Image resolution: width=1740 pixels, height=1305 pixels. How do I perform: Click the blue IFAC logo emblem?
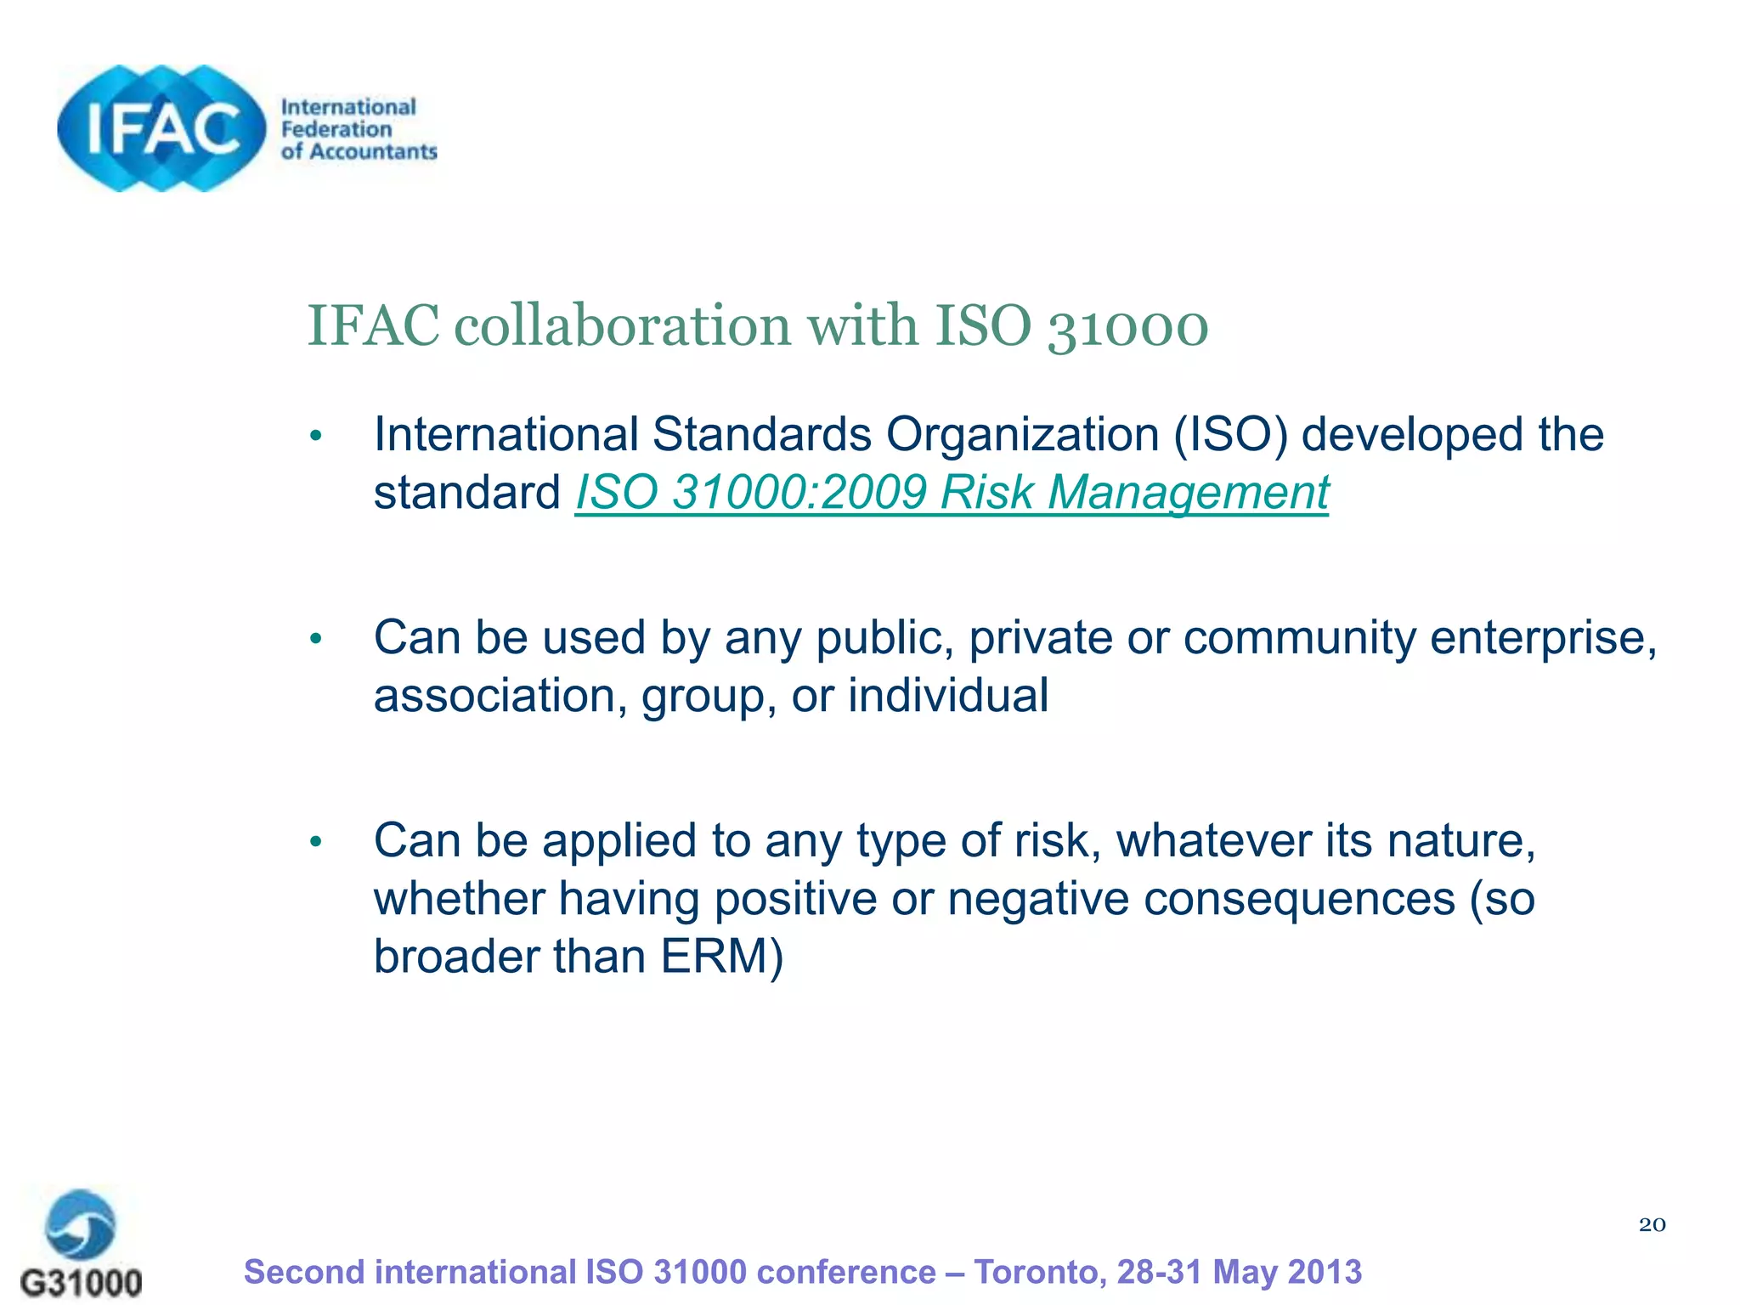point(161,128)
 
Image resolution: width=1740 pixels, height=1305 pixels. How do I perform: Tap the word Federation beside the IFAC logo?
point(336,130)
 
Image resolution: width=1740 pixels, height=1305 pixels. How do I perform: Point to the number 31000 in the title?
point(1127,327)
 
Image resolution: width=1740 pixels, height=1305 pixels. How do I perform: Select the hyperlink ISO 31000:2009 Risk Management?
point(952,493)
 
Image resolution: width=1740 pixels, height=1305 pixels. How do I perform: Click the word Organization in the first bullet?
point(1022,434)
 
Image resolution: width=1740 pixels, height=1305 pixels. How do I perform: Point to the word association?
point(500,695)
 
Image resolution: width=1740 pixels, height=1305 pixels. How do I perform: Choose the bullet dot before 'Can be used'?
point(316,639)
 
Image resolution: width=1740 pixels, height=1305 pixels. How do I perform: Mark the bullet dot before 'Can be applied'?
point(316,842)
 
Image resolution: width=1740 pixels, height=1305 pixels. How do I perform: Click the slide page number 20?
point(1652,1224)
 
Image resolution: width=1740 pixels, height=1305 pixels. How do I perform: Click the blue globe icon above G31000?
point(81,1224)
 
